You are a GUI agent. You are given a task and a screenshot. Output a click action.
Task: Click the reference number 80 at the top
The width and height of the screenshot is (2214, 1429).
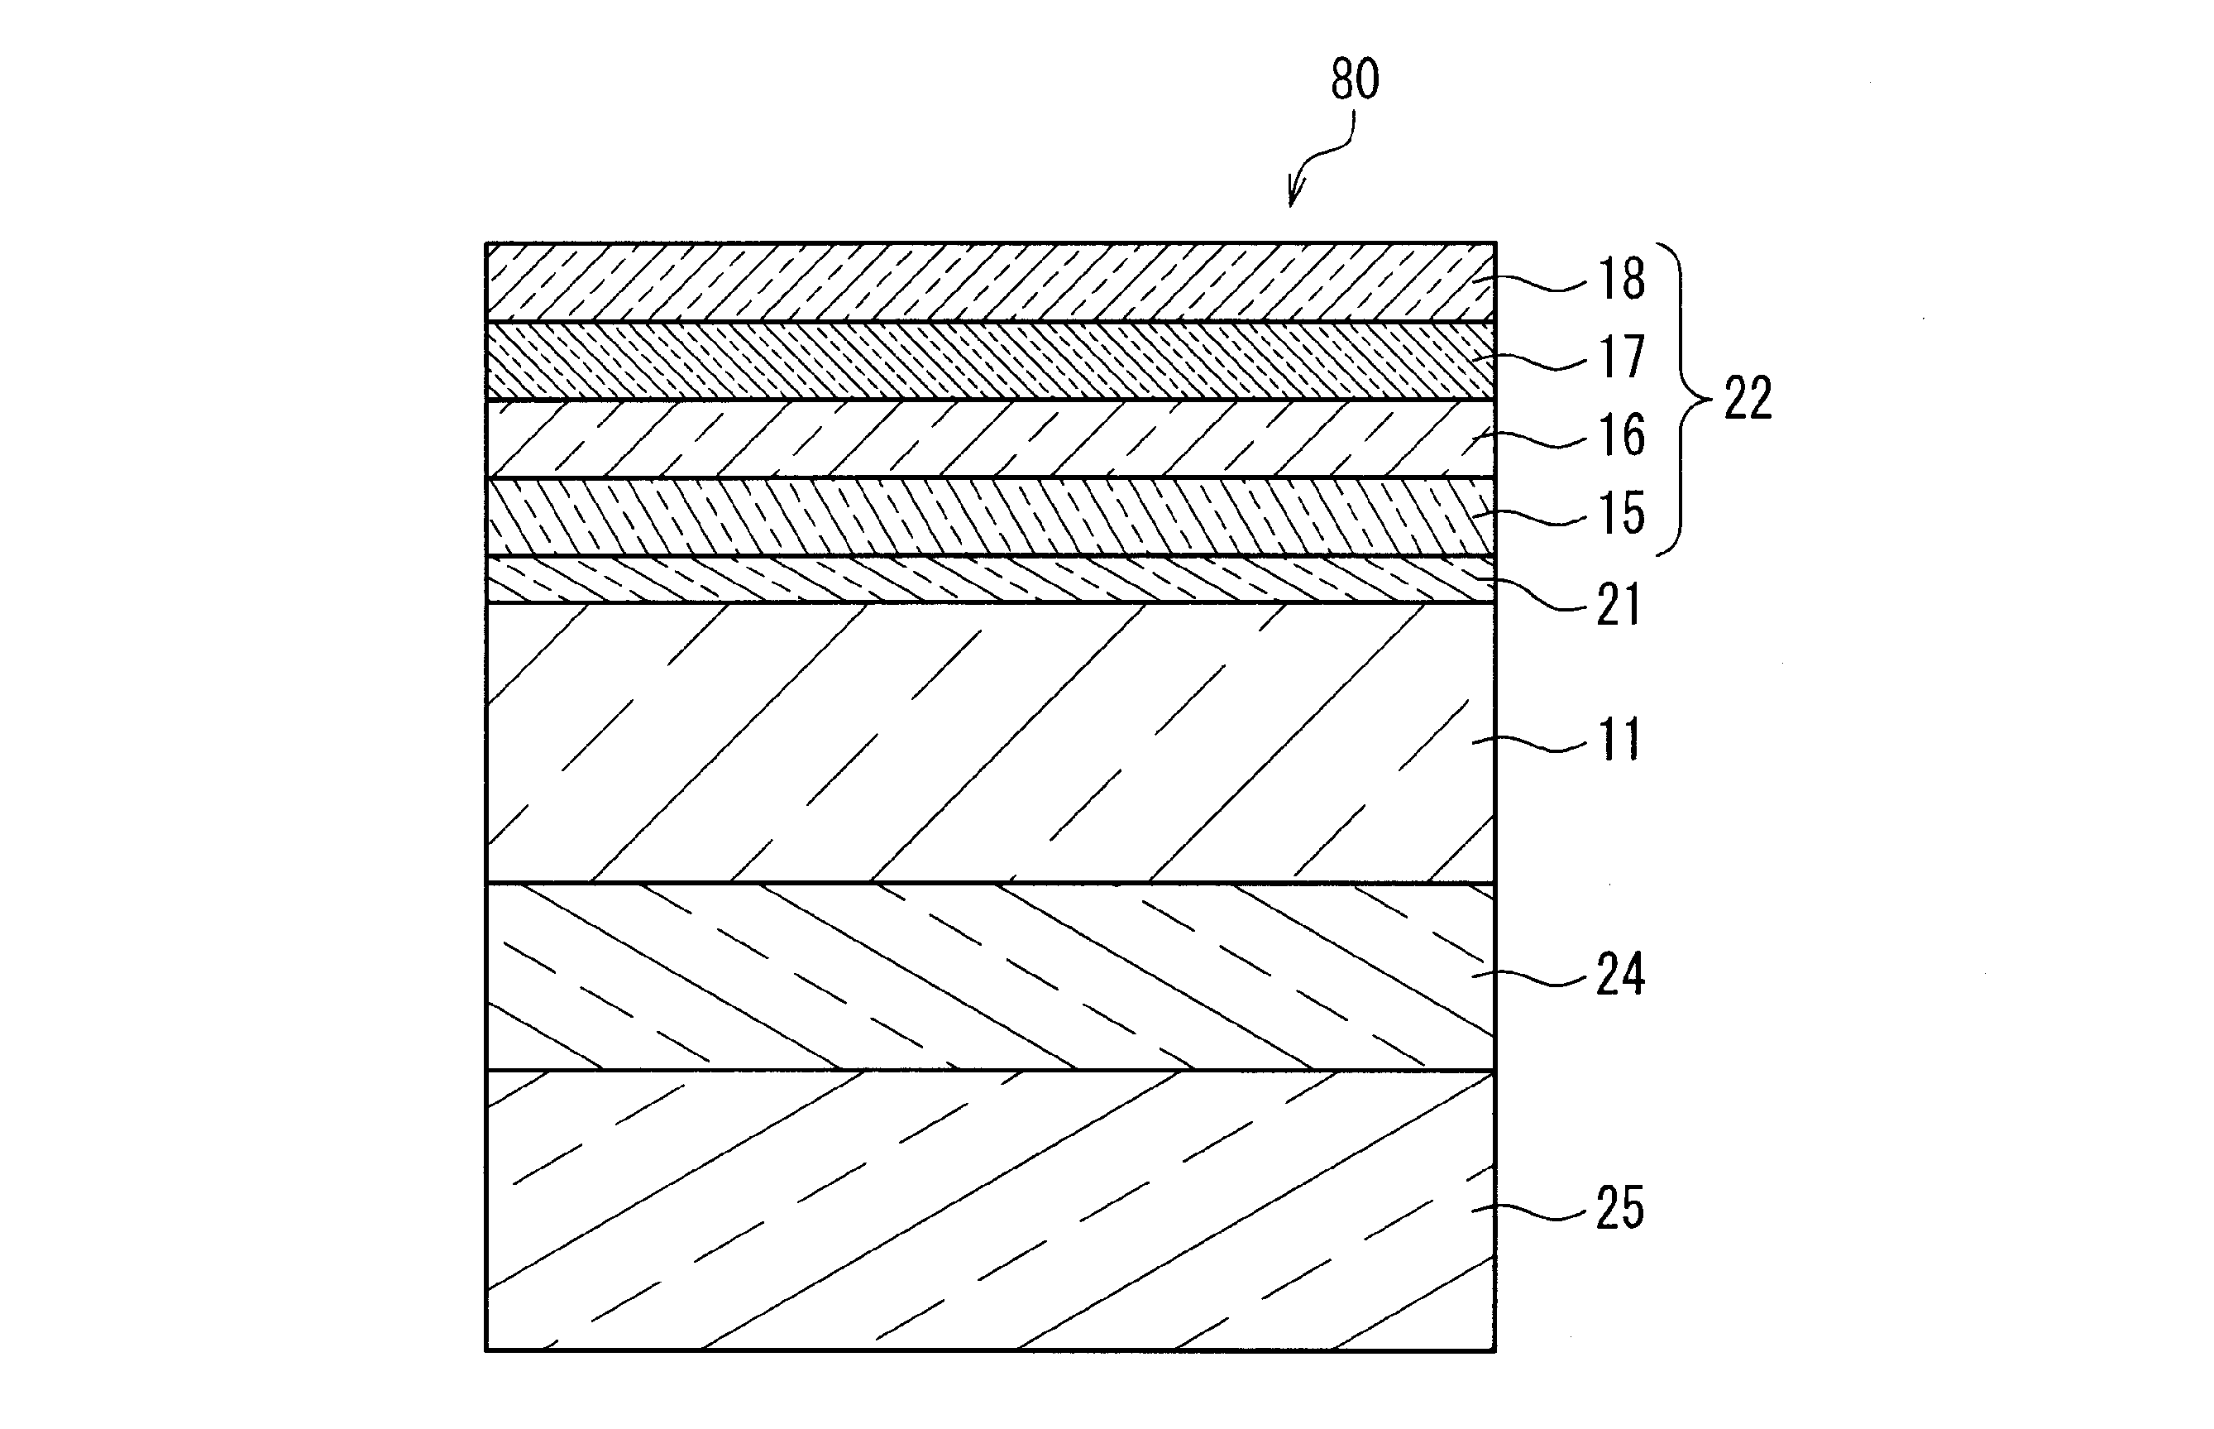(1354, 79)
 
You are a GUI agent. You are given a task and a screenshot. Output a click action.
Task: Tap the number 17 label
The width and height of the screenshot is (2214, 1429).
(1620, 357)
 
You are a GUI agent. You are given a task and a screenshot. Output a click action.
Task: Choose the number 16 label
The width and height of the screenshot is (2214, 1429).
(1620, 435)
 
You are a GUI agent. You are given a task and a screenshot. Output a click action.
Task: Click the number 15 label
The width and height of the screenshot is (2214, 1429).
(1620, 513)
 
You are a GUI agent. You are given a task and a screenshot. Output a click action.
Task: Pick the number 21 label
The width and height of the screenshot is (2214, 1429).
(1619, 604)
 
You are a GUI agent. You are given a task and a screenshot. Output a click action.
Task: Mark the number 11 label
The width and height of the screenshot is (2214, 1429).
(1619, 741)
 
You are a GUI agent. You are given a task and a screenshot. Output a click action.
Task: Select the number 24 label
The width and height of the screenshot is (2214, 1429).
(1619, 975)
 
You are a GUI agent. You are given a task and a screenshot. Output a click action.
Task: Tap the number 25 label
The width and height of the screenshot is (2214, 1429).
(1619, 1208)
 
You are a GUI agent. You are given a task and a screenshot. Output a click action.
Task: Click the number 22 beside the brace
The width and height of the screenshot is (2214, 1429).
(1748, 399)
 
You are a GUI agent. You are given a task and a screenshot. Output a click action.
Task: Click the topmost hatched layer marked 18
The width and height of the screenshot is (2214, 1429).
(990, 282)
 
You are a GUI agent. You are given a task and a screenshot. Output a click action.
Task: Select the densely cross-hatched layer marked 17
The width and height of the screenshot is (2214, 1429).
(990, 361)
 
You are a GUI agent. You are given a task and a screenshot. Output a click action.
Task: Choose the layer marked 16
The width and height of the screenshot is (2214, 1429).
(990, 439)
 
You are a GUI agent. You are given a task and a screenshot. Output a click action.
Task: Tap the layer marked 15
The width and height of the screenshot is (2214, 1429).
(990, 517)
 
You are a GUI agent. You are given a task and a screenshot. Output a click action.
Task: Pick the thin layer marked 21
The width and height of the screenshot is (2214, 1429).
(990, 580)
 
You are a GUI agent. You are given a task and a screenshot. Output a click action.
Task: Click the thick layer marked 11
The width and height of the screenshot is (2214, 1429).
(990, 742)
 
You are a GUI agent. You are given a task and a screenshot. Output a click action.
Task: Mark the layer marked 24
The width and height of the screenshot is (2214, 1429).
(990, 976)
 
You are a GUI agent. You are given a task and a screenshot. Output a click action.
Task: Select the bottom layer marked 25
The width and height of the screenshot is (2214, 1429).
(990, 1210)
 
